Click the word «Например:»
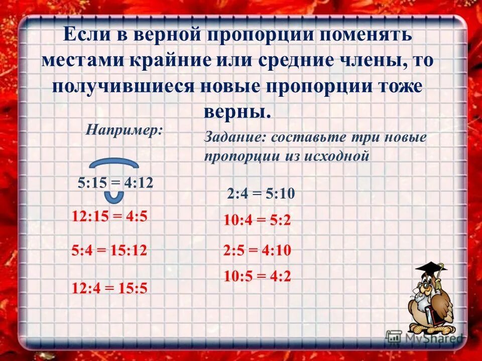124,130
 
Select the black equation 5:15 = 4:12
115,183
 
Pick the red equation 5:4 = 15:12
109,250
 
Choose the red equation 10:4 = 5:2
258,220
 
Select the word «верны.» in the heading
237,111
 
